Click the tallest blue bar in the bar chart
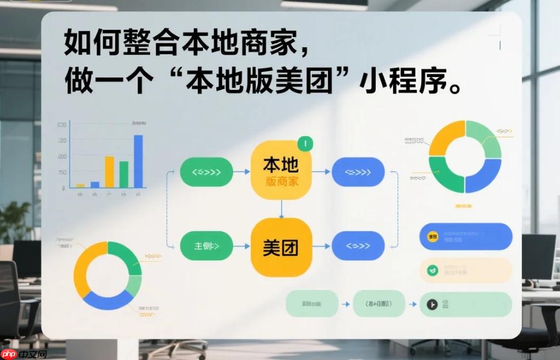click(138, 161)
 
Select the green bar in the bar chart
click(124, 175)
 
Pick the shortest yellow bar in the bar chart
click(81, 185)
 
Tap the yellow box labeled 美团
click(281, 247)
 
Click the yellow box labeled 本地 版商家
click(281, 171)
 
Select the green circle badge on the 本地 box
click(305, 143)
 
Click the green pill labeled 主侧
click(206, 246)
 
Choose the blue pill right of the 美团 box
click(358, 246)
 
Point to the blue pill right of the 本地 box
click(358, 172)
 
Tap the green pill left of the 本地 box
click(206, 172)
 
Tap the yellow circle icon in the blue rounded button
click(432, 236)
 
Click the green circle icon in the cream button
click(432, 270)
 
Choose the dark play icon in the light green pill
click(430, 305)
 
